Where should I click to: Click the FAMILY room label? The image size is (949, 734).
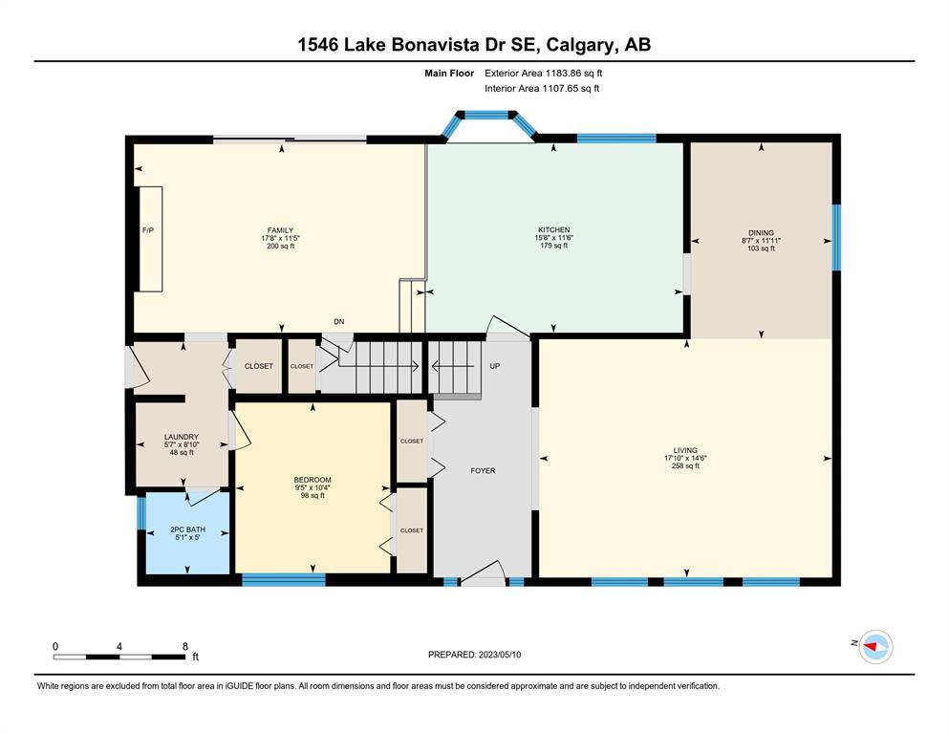pyautogui.click(x=280, y=230)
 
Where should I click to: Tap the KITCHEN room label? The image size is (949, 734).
pyautogui.click(x=553, y=230)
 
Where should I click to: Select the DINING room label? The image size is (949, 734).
pyautogui.click(x=761, y=232)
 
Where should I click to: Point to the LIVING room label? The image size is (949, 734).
pyautogui.click(x=685, y=450)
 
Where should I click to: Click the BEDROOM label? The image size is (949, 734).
pyautogui.click(x=313, y=480)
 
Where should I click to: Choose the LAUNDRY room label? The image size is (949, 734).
pyautogui.click(x=182, y=437)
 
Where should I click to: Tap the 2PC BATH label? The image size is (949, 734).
pyautogui.click(x=187, y=529)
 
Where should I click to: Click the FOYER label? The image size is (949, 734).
pyautogui.click(x=483, y=470)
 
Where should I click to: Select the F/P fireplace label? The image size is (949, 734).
pyautogui.click(x=148, y=230)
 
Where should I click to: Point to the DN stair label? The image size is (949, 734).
pyautogui.click(x=339, y=322)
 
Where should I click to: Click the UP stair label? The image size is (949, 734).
pyautogui.click(x=494, y=366)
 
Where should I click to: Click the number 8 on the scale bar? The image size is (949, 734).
pyautogui.click(x=185, y=646)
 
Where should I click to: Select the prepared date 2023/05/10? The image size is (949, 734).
pyautogui.click(x=499, y=655)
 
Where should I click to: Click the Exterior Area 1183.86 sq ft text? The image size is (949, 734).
pyautogui.click(x=544, y=74)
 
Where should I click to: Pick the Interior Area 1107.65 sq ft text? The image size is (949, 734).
pyautogui.click(x=542, y=88)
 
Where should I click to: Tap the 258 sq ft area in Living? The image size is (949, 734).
pyautogui.click(x=685, y=466)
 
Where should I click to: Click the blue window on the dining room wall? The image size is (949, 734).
pyautogui.click(x=836, y=237)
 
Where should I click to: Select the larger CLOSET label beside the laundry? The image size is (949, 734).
pyautogui.click(x=258, y=366)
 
